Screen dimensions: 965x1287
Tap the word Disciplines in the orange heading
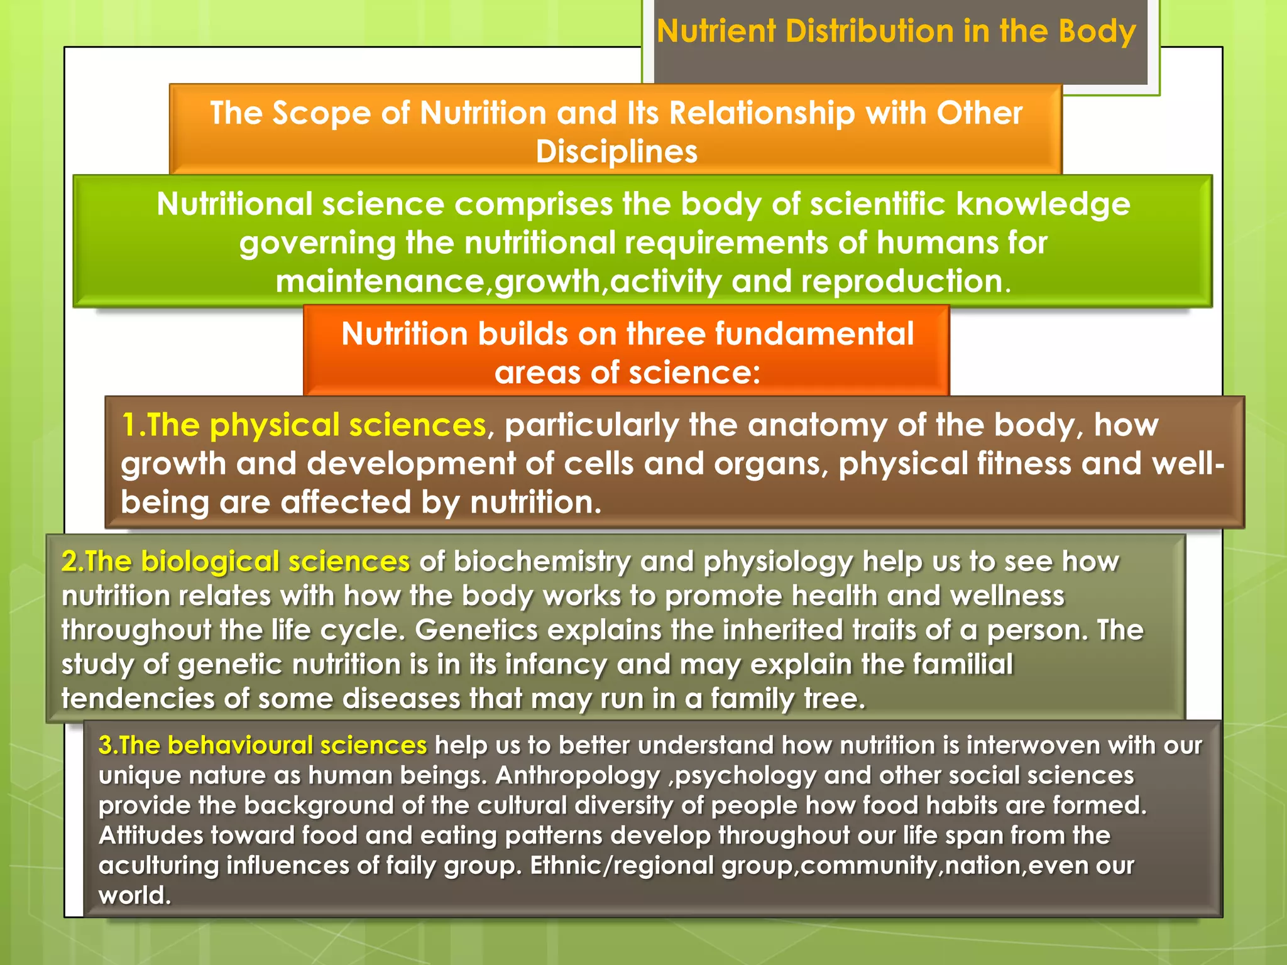point(616,152)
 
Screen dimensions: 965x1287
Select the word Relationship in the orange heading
point(762,114)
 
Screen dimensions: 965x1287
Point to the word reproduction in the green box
point(905,281)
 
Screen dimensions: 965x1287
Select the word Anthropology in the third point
point(578,775)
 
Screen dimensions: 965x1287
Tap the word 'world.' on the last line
point(134,895)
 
